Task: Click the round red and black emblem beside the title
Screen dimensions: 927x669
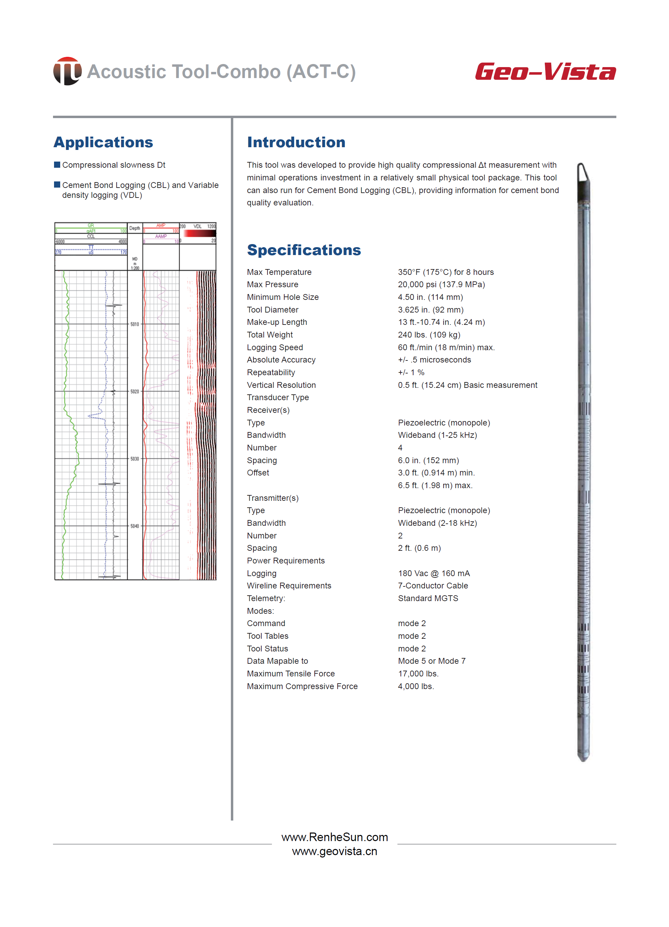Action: coord(67,71)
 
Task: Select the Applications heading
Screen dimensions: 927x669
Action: coord(103,142)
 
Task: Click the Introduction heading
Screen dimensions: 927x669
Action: coord(296,142)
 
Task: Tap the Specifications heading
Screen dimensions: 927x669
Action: coord(304,250)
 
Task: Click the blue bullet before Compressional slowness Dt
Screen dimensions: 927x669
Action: coord(57,165)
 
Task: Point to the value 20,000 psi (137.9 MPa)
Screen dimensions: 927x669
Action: coord(441,284)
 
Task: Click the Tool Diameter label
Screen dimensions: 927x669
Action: coord(272,310)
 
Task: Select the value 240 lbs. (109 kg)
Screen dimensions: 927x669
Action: coord(429,335)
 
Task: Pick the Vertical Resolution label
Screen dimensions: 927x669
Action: coord(281,385)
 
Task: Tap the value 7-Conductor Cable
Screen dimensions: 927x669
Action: coord(433,586)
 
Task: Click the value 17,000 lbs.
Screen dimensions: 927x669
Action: coord(418,674)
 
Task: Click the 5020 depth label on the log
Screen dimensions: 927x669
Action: coord(135,392)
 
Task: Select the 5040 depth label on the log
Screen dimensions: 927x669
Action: coord(135,526)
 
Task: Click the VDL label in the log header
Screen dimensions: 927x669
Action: coord(198,226)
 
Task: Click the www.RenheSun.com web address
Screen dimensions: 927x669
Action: coord(334,837)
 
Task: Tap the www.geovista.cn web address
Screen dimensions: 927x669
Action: coord(334,851)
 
